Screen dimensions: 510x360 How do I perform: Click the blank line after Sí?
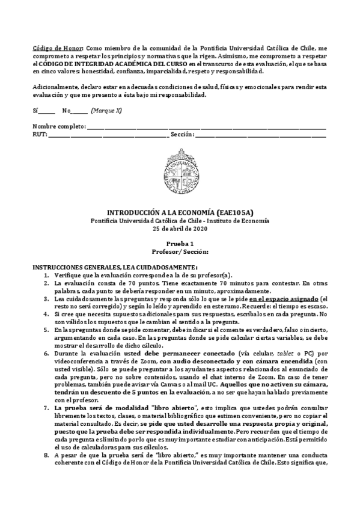coord(47,111)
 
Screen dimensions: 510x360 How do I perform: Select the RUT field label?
coord(39,134)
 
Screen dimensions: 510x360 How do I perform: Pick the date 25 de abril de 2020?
coord(180,228)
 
